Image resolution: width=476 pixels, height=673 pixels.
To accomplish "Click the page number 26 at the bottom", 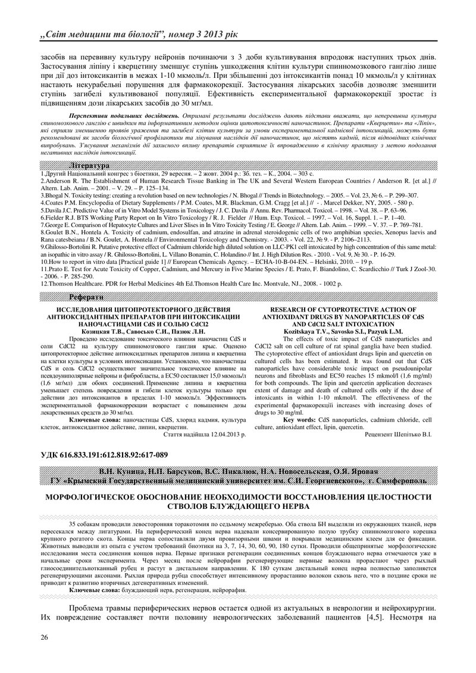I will click(44, 637).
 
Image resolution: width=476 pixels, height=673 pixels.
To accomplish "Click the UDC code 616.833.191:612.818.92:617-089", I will click(104, 455).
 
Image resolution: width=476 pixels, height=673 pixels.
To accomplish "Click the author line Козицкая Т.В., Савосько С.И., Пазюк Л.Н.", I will click(140, 331).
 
